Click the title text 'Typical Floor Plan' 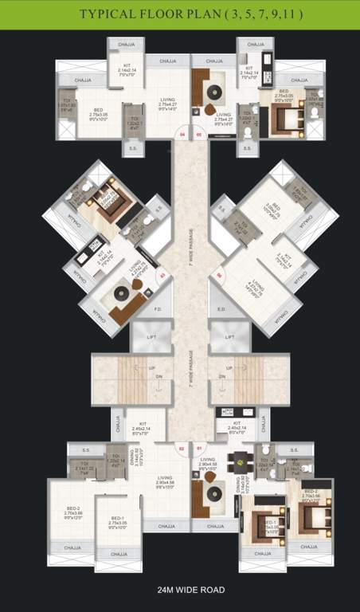(x=179, y=14)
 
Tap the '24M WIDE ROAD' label (x=180, y=590)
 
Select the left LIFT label (x=151, y=338)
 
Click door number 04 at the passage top (x=182, y=135)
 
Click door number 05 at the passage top (x=198, y=135)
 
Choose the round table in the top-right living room (x=210, y=111)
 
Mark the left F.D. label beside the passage (x=158, y=309)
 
